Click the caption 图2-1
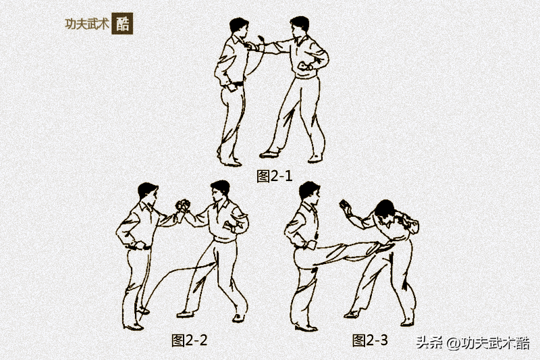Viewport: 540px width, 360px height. (x=275, y=176)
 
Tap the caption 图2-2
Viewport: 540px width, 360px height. (x=189, y=340)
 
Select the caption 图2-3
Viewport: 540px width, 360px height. (x=370, y=340)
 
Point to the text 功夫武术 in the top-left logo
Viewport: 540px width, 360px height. (x=86, y=23)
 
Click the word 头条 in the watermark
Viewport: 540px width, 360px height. (x=427, y=343)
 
